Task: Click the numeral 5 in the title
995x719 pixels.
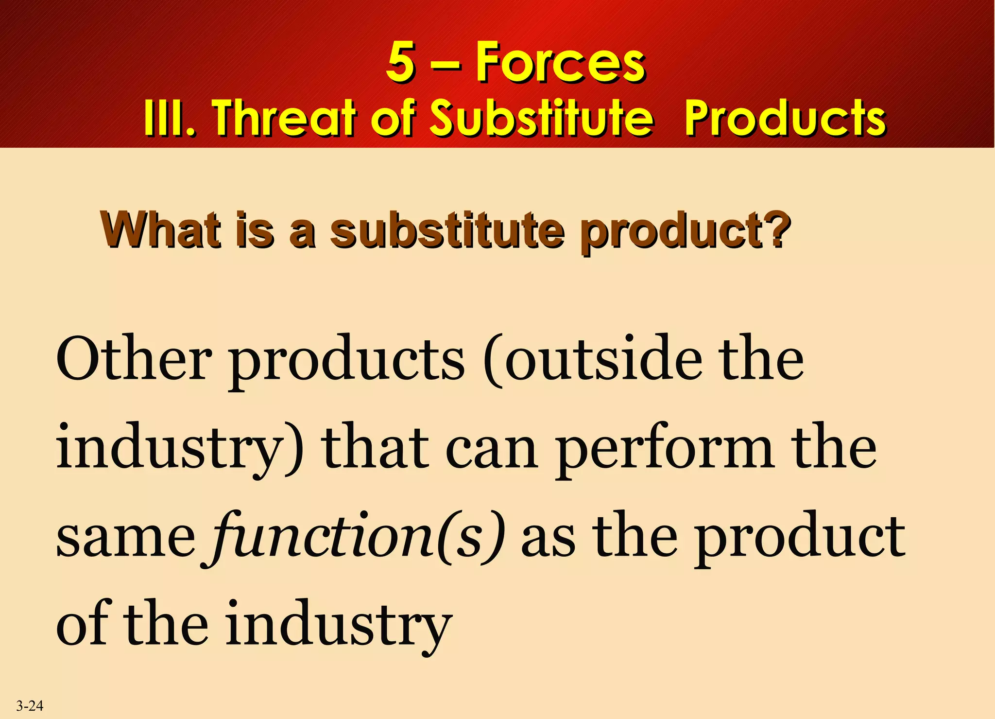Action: click(400, 62)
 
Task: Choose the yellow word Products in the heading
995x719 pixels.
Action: click(785, 118)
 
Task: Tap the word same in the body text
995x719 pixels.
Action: click(125, 538)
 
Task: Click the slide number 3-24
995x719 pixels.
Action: click(30, 706)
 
